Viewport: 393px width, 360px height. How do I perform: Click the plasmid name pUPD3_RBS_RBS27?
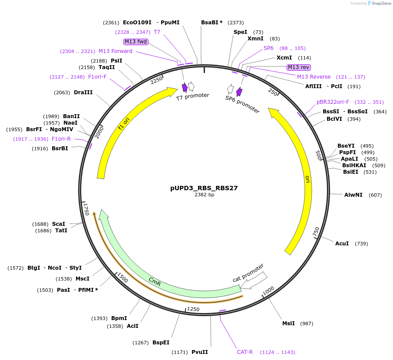204,188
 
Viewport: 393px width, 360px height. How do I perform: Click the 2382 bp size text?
204,195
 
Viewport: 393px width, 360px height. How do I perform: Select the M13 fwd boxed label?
136,42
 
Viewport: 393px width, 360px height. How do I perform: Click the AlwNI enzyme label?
353,195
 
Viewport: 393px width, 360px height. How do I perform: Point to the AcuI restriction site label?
342,244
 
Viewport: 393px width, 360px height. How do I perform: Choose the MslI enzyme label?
288,324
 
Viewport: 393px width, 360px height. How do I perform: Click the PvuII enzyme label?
200,352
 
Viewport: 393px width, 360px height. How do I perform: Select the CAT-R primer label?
245,352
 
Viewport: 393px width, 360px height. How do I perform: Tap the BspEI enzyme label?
161,343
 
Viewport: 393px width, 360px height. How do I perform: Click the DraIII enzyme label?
83,92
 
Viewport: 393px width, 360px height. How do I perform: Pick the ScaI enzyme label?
59,224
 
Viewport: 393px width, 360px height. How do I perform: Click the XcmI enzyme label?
284,58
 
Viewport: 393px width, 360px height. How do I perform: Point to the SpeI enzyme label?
240,32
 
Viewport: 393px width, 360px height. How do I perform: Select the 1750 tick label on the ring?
86,208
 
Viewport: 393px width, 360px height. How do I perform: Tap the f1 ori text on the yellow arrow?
124,123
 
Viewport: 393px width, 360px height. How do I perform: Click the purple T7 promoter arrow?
185,87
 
